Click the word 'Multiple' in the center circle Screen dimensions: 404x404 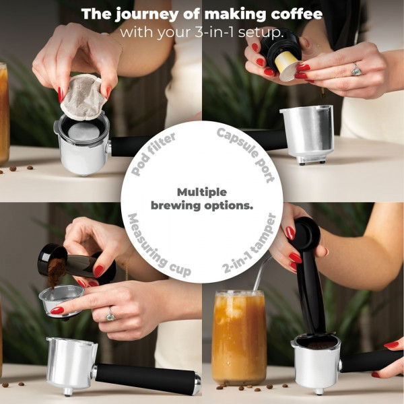202,192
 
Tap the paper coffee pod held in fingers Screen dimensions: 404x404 83,98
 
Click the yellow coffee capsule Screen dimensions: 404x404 287,66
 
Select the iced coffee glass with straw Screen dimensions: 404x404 239,337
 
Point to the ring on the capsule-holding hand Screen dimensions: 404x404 356,69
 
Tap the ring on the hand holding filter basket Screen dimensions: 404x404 110,314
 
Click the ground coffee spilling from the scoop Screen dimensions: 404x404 55,272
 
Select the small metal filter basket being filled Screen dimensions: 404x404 61,301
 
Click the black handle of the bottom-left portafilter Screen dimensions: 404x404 145,378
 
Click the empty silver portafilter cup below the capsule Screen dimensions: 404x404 307,134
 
